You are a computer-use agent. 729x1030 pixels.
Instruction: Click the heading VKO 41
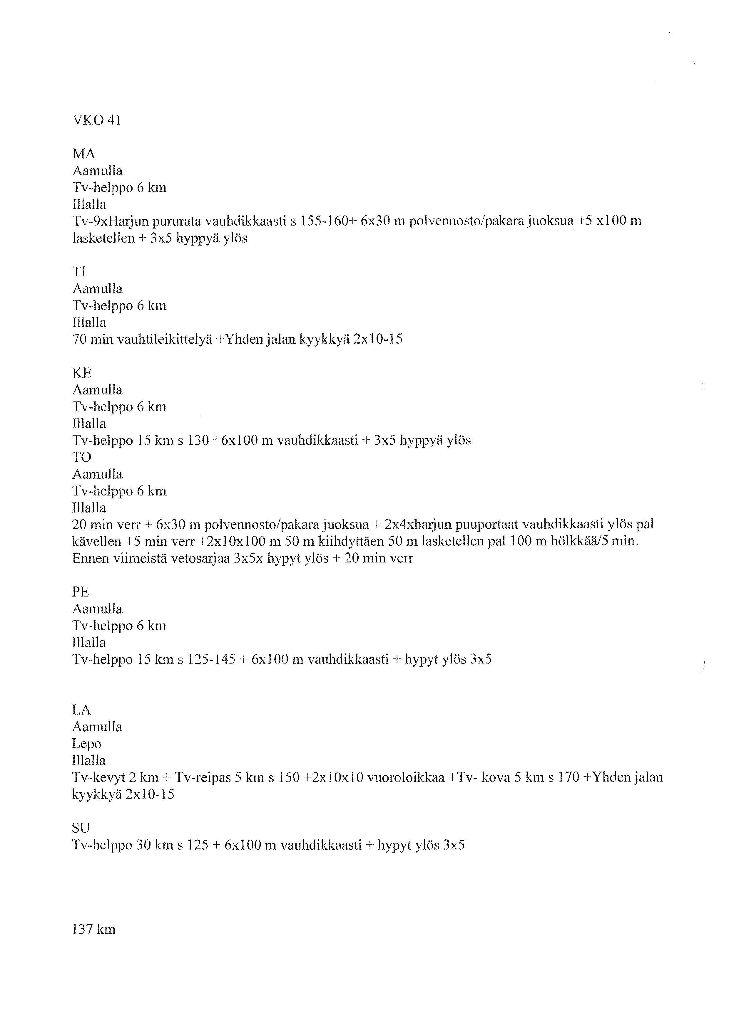96,120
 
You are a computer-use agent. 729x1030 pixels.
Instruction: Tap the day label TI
79,272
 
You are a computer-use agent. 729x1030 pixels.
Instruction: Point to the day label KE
82,373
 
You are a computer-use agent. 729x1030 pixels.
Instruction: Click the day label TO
82,457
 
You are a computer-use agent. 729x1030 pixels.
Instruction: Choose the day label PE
81,592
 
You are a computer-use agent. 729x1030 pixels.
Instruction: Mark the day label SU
81,828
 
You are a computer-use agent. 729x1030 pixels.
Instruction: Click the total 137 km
93,929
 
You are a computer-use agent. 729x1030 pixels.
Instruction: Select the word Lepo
87,744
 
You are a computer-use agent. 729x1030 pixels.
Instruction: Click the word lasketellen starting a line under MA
103,238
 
